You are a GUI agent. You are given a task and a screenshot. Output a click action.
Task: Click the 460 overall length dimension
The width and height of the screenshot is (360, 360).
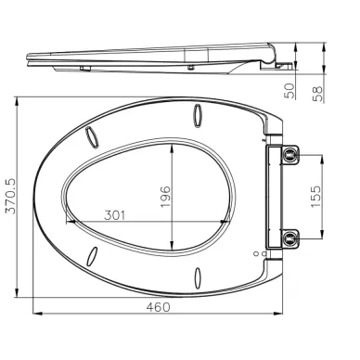pos(158,307)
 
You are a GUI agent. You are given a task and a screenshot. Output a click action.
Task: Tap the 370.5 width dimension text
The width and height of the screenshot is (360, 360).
pos(11,197)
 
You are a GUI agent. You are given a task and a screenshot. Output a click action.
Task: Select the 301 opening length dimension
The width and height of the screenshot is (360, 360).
pos(115,215)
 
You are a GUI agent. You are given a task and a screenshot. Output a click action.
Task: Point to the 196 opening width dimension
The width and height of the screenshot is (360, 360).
pos(165,197)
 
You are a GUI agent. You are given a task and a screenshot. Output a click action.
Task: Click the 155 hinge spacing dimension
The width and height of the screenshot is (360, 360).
pos(315,197)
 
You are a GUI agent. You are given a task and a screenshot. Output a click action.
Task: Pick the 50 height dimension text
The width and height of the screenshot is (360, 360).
pos(290,91)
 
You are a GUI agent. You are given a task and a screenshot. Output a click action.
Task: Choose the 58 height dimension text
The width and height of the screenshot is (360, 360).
pos(318,94)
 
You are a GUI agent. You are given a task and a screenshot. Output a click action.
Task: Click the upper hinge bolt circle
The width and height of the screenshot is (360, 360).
pos(289,154)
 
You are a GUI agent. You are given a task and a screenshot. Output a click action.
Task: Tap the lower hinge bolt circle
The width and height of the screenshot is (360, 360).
pos(289,238)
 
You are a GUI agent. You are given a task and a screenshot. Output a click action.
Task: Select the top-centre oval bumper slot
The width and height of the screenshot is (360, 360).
pos(198,115)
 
